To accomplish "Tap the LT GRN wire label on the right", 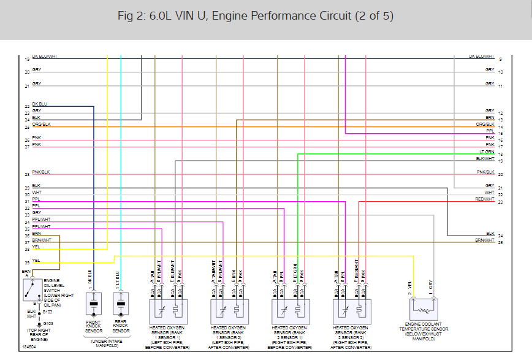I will pos(487,151).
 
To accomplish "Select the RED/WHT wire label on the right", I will pos(484,199).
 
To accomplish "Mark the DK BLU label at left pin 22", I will pos(40,104).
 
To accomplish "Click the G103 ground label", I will pos(47,323).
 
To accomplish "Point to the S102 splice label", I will pos(47,311).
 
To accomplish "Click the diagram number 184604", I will pos(28,347).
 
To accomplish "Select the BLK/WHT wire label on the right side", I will pos(485,158).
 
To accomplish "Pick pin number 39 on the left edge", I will pos(27,262).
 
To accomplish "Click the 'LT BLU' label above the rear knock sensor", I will pos(116,276).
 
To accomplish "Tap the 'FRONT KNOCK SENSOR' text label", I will pos(94,326).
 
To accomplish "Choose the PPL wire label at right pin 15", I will pos(490,131).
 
